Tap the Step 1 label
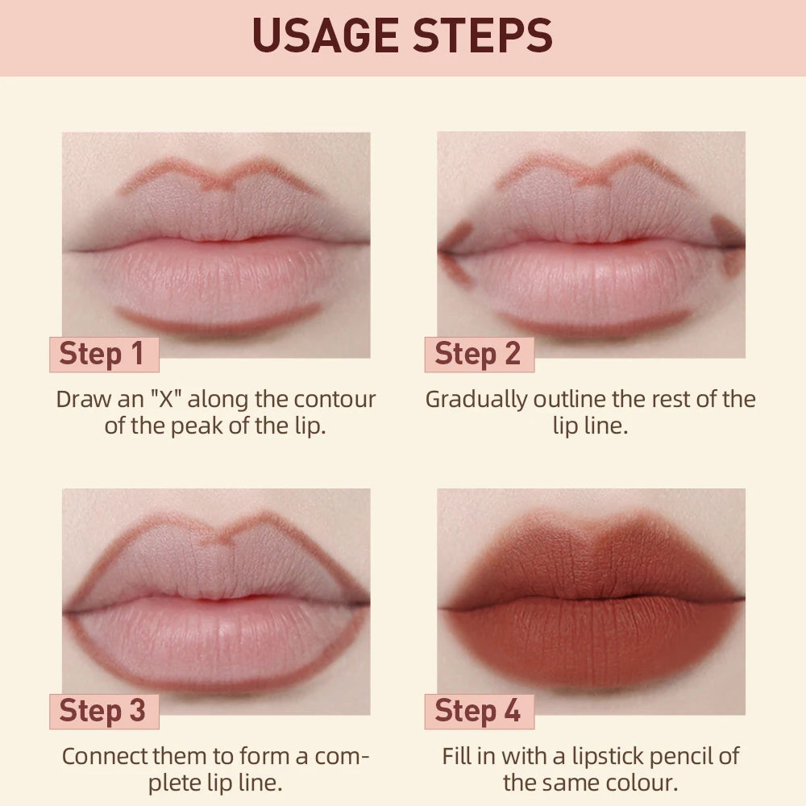(102, 355)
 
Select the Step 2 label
(478, 355)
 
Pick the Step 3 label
(102, 711)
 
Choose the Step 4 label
(478, 711)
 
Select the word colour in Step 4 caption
(641, 782)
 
